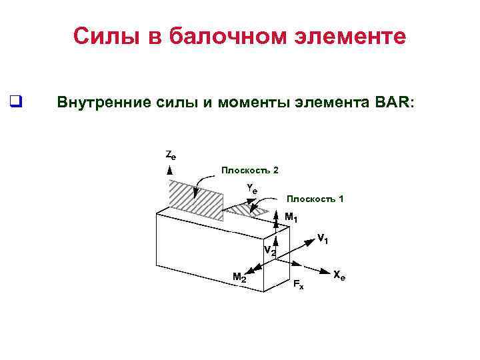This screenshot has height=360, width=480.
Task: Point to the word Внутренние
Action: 99,103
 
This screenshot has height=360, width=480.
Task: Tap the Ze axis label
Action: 171,155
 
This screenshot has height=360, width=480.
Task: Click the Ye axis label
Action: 251,189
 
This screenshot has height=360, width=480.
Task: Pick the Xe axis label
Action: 339,275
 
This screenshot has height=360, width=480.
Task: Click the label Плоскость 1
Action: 315,199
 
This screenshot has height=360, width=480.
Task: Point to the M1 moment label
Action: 291,217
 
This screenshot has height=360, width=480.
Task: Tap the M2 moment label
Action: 239,277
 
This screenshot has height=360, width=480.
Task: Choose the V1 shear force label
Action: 323,238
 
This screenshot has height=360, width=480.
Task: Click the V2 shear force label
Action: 269,251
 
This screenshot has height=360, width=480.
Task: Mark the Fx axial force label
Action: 299,285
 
